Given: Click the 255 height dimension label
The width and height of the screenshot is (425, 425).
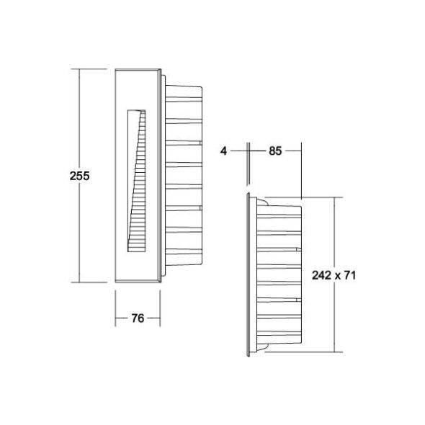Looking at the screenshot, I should point(79,176).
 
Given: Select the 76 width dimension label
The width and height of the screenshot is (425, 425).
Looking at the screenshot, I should point(137,318).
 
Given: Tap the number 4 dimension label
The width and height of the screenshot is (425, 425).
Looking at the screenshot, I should point(225,151).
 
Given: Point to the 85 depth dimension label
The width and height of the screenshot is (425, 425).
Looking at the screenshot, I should point(274,151).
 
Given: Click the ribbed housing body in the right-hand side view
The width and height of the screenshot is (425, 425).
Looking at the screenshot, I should point(281,277).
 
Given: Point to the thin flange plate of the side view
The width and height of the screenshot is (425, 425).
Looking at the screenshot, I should point(249,277).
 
